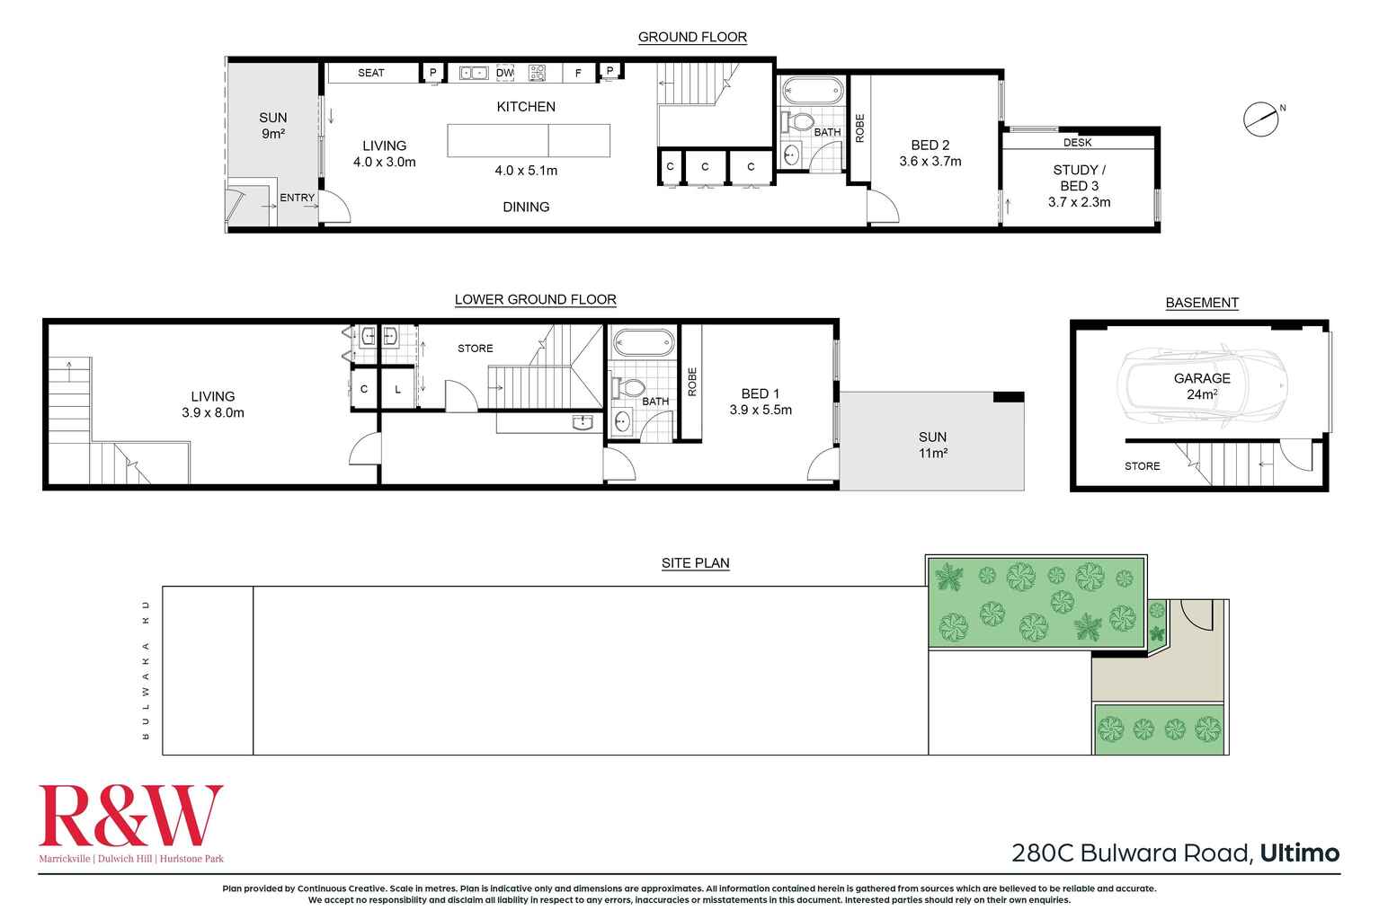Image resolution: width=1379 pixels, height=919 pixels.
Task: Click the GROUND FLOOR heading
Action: (692, 37)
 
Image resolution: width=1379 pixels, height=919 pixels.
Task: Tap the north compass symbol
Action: (1261, 119)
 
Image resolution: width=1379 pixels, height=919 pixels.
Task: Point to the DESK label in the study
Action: (1077, 143)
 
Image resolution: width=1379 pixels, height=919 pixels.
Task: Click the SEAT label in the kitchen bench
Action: (370, 73)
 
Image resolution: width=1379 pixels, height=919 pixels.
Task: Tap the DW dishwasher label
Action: (505, 73)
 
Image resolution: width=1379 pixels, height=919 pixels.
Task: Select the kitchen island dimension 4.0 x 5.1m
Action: (526, 171)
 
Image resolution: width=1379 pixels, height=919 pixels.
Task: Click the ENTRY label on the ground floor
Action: (297, 198)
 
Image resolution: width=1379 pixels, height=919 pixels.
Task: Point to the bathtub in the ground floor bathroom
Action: (813, 91)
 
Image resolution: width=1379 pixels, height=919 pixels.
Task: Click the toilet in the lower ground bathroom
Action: (629, 388)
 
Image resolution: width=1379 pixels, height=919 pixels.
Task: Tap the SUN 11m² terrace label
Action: (932, 445)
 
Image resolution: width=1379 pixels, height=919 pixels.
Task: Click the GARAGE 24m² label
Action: (1202, 386)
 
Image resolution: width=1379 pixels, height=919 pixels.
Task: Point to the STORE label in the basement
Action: (1142, 466)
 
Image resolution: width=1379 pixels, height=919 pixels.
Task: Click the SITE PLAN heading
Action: (695, 563)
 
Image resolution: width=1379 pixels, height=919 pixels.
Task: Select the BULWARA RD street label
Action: (146, 670)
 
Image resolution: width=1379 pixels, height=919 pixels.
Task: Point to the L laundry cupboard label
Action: (397, 390)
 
